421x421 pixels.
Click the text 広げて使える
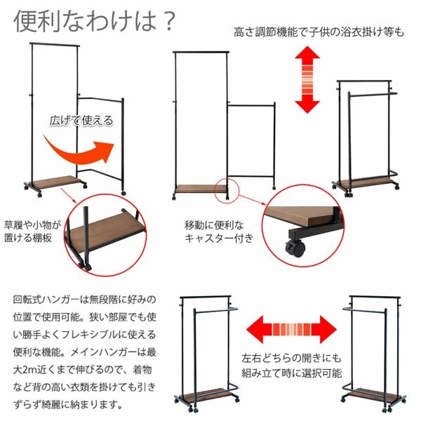pos(81,120)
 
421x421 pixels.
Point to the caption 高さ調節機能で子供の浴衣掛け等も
pos(319,32)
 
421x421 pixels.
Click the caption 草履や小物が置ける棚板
pos(33,233)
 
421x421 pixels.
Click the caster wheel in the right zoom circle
pos(293,247)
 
